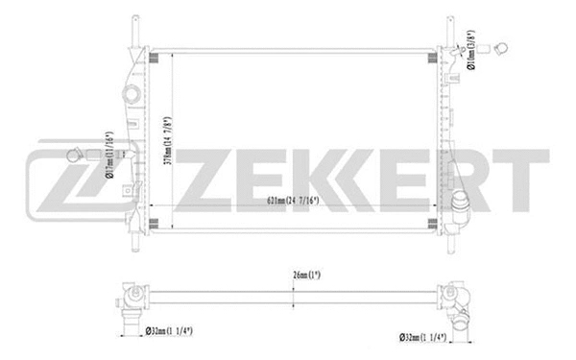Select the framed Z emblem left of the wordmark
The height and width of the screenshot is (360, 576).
point(60,180)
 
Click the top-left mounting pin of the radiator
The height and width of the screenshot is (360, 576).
point(133,29)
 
